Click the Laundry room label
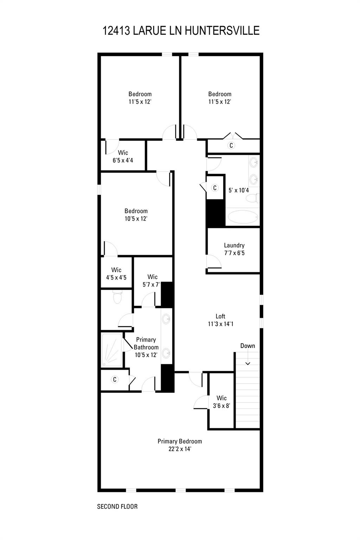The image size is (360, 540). pyautogui.click(x=234, y=249)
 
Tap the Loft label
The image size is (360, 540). pyautogui.click(x=220, y=320)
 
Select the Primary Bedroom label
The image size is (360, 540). pyautogui.click(x=180, y=445)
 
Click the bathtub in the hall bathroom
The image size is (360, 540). pyautogui.click(x=243, y=217)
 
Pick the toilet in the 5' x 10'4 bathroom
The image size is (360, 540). pyautogui.click(x=252, y=198)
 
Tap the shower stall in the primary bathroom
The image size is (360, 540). pyautogui.click(x=111, y=350)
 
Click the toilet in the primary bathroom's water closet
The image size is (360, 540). pyautogui.click(x=117, y=297)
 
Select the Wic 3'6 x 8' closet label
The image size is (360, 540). pyautogui.click(x=221, y=402)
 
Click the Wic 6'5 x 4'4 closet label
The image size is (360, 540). pyautogui.click(x=123, y=156)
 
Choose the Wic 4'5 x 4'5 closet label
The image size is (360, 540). pyautogui.click(x=116, y=274)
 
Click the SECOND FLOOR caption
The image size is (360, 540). pyautogui.click(x=117, y=507)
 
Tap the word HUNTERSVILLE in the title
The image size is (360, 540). pyautogui.click(x=222, y=31)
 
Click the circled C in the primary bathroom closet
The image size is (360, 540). pyautogui.click(x=115, y=379)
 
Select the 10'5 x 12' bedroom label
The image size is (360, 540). pyautogui.click(x=136, y=215)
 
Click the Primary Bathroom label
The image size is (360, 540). pyautogui.click(x=146, y=347)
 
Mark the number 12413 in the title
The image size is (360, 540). pyautogui.click(x=117, y=31)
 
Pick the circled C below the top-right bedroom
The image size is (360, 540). pyautogui.click(x=231, y=145)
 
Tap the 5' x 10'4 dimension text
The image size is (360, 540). pyautogui.click(x=239, y=190)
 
